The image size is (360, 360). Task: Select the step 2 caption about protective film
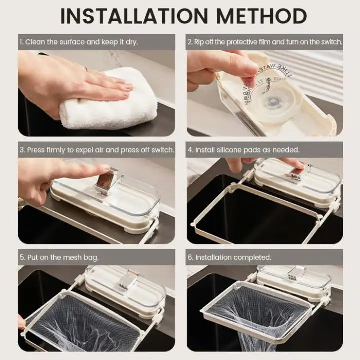click(x=265, y=42)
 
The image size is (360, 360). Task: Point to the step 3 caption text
click(x=97, y=150)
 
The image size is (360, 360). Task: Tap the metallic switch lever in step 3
click(x=108, y=180)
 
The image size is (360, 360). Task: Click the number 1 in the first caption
click(x=22, y=42)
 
